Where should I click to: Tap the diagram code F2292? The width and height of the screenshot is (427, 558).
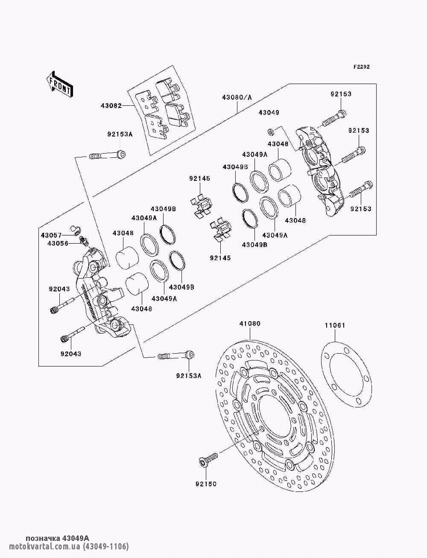[361, 67]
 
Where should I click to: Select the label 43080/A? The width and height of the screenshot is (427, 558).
[237, 97]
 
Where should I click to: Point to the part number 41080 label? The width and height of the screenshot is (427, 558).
[250, 324]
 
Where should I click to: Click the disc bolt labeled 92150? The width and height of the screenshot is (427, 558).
[208, 459]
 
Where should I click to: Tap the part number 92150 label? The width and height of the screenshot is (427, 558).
[206, 484]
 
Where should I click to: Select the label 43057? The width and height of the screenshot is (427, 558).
[51, 235]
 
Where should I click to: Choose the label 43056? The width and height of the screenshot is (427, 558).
[51, 244]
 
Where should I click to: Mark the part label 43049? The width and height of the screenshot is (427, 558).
[268, 113]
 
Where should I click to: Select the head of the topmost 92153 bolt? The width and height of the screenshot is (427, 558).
[342, 114]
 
